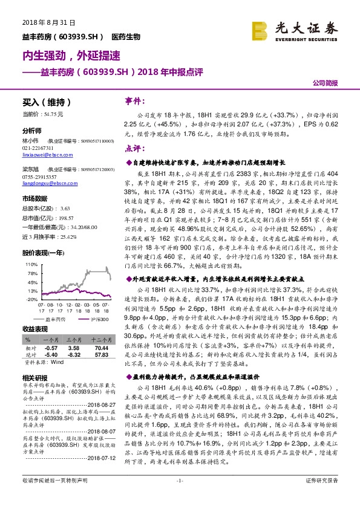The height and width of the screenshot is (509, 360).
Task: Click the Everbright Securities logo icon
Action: (x=261, y=30)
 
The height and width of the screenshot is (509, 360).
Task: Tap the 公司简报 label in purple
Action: (x=326, y=84)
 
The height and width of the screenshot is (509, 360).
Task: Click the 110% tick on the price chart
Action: (x=29, y=264)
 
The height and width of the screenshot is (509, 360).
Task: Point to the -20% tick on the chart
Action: (x=30, y=299)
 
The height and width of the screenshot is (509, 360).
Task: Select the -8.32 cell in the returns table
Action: (x=74, y=355)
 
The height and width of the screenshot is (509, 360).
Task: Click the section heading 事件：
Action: (x=134, y=100)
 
